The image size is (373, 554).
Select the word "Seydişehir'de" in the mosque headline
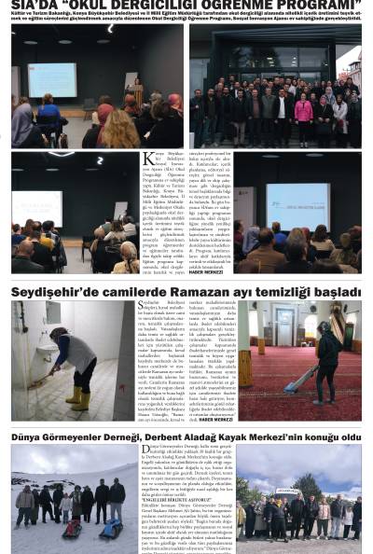[55, 292]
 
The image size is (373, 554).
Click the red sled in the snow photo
[72, 528]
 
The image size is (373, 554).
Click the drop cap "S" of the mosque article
[142, 306]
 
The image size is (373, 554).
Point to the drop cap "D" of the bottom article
[147, 450]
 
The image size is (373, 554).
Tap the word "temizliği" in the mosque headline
[275, 292]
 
